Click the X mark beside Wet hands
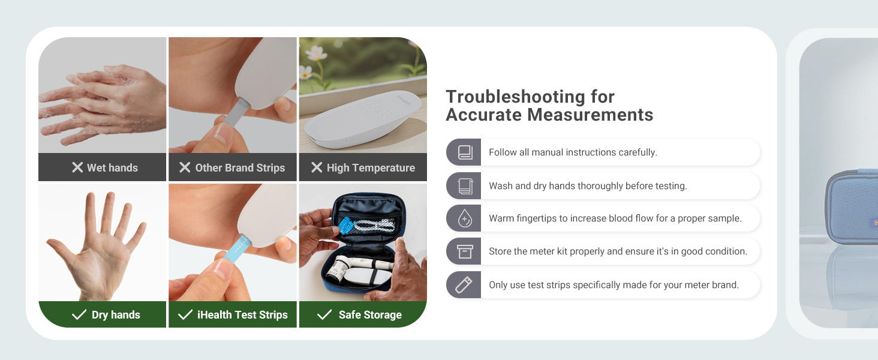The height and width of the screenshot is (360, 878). click(77, 167)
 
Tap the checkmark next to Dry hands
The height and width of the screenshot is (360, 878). click(79, 314)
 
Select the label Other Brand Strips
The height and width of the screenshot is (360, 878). click(240, 167)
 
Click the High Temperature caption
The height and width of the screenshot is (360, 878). click(371, 167)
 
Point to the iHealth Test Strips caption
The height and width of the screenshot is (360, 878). click(242, 314)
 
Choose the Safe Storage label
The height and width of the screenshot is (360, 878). click(370, 314)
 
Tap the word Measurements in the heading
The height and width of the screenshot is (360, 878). click(588, 115)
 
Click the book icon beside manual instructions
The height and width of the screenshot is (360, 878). click(465, 152)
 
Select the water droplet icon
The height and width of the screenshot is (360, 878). click(465, 219)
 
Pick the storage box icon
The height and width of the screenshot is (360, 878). click(465, 252)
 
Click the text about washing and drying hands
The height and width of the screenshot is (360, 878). click(588, 186)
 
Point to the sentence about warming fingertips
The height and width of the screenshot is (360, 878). click(615, 219)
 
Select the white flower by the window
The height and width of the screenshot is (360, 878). click(306, 72)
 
